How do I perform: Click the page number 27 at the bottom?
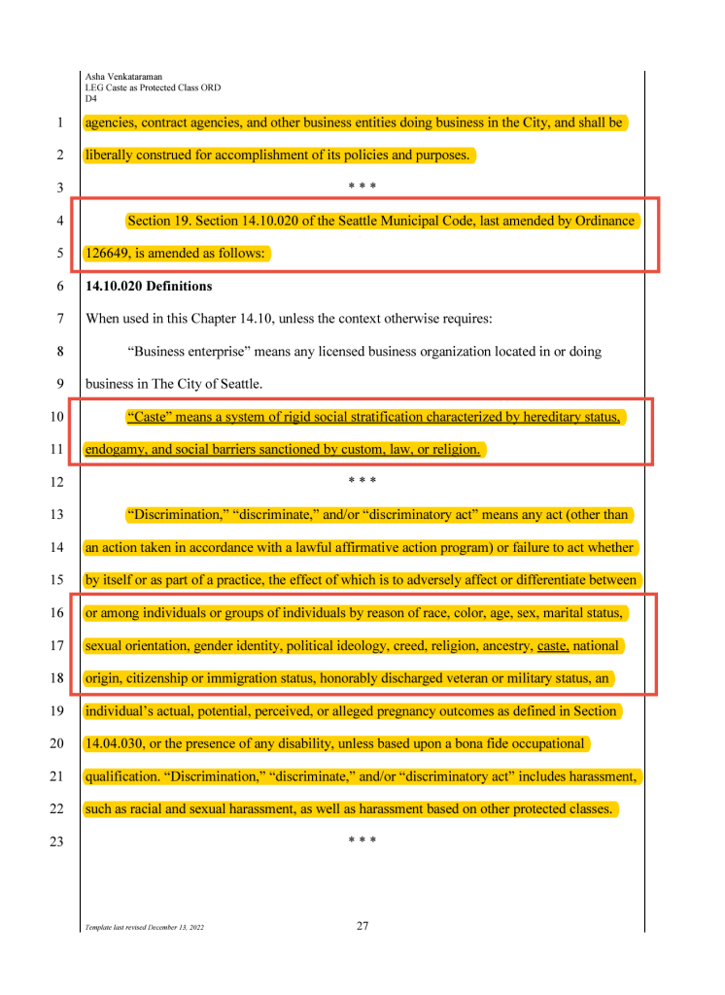click(362, 925)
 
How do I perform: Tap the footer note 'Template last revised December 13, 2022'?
click(145, 927)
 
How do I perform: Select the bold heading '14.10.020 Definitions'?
click(149, 287)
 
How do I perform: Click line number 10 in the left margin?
click(58, 418)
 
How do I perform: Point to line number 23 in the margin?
click(58, 842)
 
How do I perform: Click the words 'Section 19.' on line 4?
click(158, 221)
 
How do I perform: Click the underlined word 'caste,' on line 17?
click(552, 645)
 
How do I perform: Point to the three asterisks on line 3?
click(362, 188)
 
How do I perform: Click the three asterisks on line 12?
click(362, 482)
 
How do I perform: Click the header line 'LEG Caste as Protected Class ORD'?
click(153, 87)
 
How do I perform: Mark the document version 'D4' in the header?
click(91, 98)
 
